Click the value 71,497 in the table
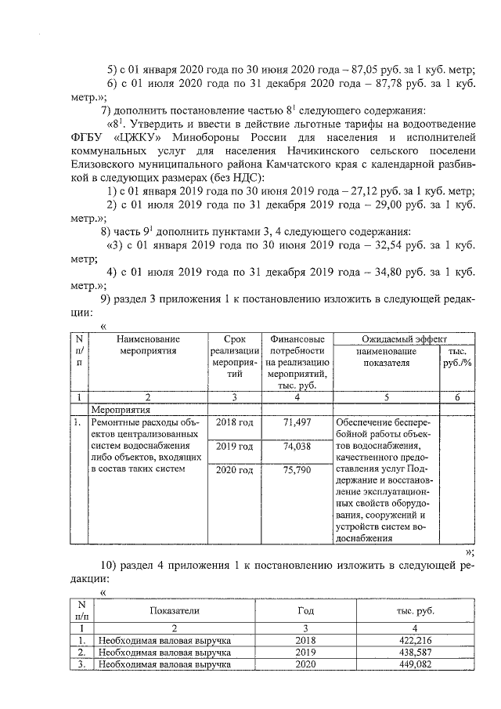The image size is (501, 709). (x=297, y=423)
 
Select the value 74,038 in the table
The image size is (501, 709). (x=297, y=447)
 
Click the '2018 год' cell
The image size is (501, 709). (x=235, y=423)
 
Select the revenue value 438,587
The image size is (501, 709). (x=405, y=652)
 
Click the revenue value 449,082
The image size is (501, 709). (x=405, y=664)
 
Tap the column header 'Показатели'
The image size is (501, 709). (x=175, y=610)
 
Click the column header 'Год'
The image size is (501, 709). (x=306, y=610)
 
